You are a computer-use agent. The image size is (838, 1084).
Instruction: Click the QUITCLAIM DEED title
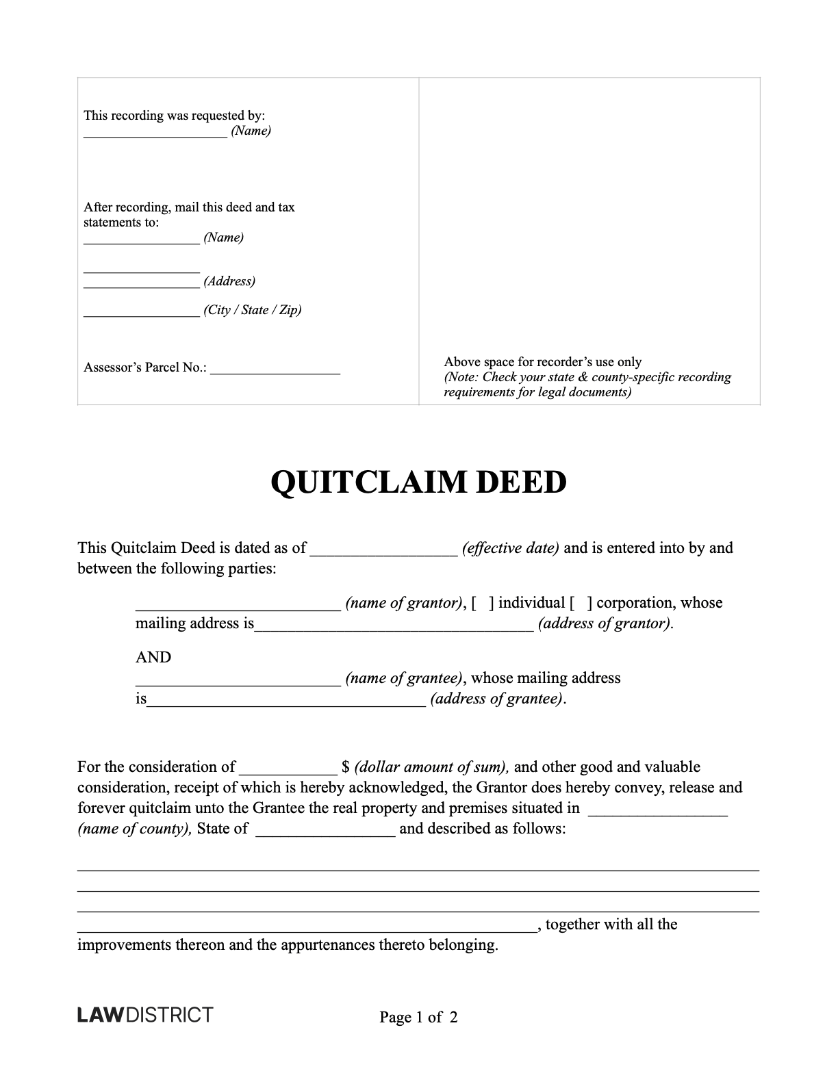pos(418,482)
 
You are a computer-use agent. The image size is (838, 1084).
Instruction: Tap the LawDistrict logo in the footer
pos(145,1014)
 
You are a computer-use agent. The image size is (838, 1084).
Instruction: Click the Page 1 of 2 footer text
pos(418,1017)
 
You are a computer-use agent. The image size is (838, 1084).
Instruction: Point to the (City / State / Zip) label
pos(252,310)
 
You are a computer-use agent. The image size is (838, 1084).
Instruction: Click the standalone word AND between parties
pos(153,657)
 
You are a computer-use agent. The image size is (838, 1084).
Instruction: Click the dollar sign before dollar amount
pos(345,767)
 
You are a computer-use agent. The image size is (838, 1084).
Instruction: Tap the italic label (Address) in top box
pos(229,281)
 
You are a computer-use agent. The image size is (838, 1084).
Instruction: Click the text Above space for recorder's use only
pos(542,362)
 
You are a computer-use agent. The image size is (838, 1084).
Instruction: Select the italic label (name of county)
pos(134,829)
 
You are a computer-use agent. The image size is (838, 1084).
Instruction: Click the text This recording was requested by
pos(174,116)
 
